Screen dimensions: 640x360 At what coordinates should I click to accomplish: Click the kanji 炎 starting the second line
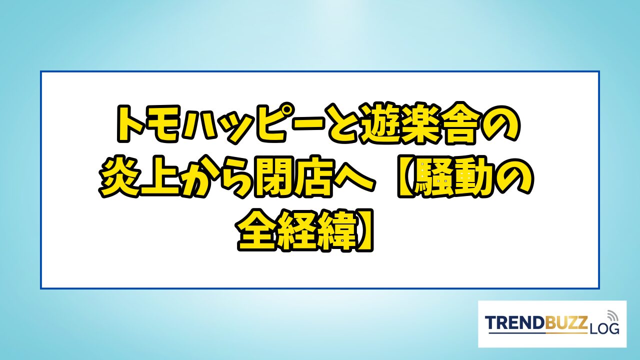point(118,177)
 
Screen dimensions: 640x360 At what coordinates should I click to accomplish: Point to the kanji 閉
point(273,177)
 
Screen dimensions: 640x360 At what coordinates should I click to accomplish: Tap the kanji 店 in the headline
point(313,177)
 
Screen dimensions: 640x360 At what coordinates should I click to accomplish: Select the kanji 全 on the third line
point(255,231)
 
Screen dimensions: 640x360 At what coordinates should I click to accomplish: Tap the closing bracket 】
point(364,231)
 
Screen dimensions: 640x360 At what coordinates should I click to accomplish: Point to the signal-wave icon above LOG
point(612,315)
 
